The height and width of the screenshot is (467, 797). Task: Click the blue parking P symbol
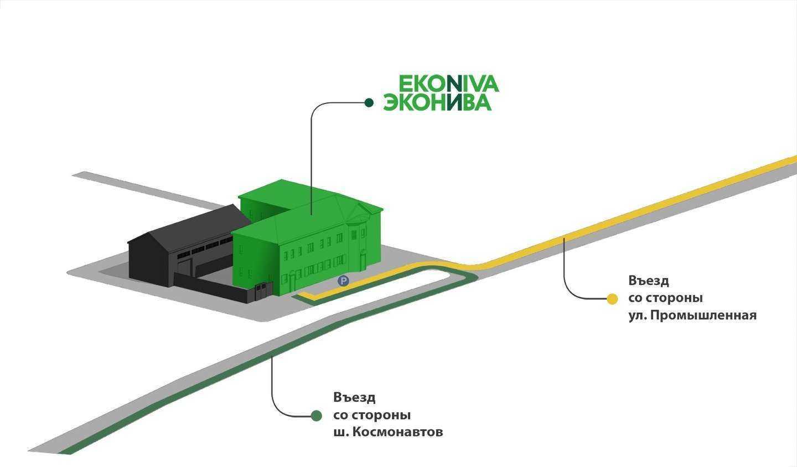[343, 282]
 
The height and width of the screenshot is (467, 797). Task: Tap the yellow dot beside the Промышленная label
[612, 299]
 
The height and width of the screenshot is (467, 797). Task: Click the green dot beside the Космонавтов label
[317, 416]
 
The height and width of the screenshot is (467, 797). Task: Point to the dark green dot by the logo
[369, 102]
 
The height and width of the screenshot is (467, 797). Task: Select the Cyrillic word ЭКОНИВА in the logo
[437, 102]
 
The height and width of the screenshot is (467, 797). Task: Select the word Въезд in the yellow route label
[649, 281]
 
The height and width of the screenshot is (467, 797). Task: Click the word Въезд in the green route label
[354, 397]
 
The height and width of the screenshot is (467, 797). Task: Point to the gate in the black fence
[263, 291]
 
